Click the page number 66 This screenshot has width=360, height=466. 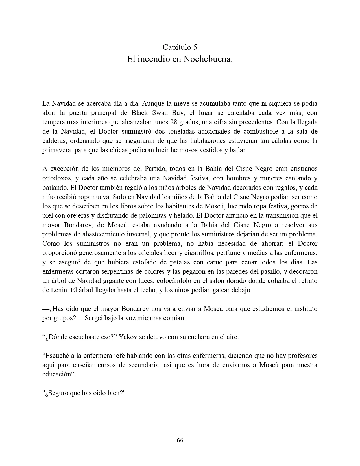click(180, 440)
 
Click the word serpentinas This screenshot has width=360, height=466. click(102, 271)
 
